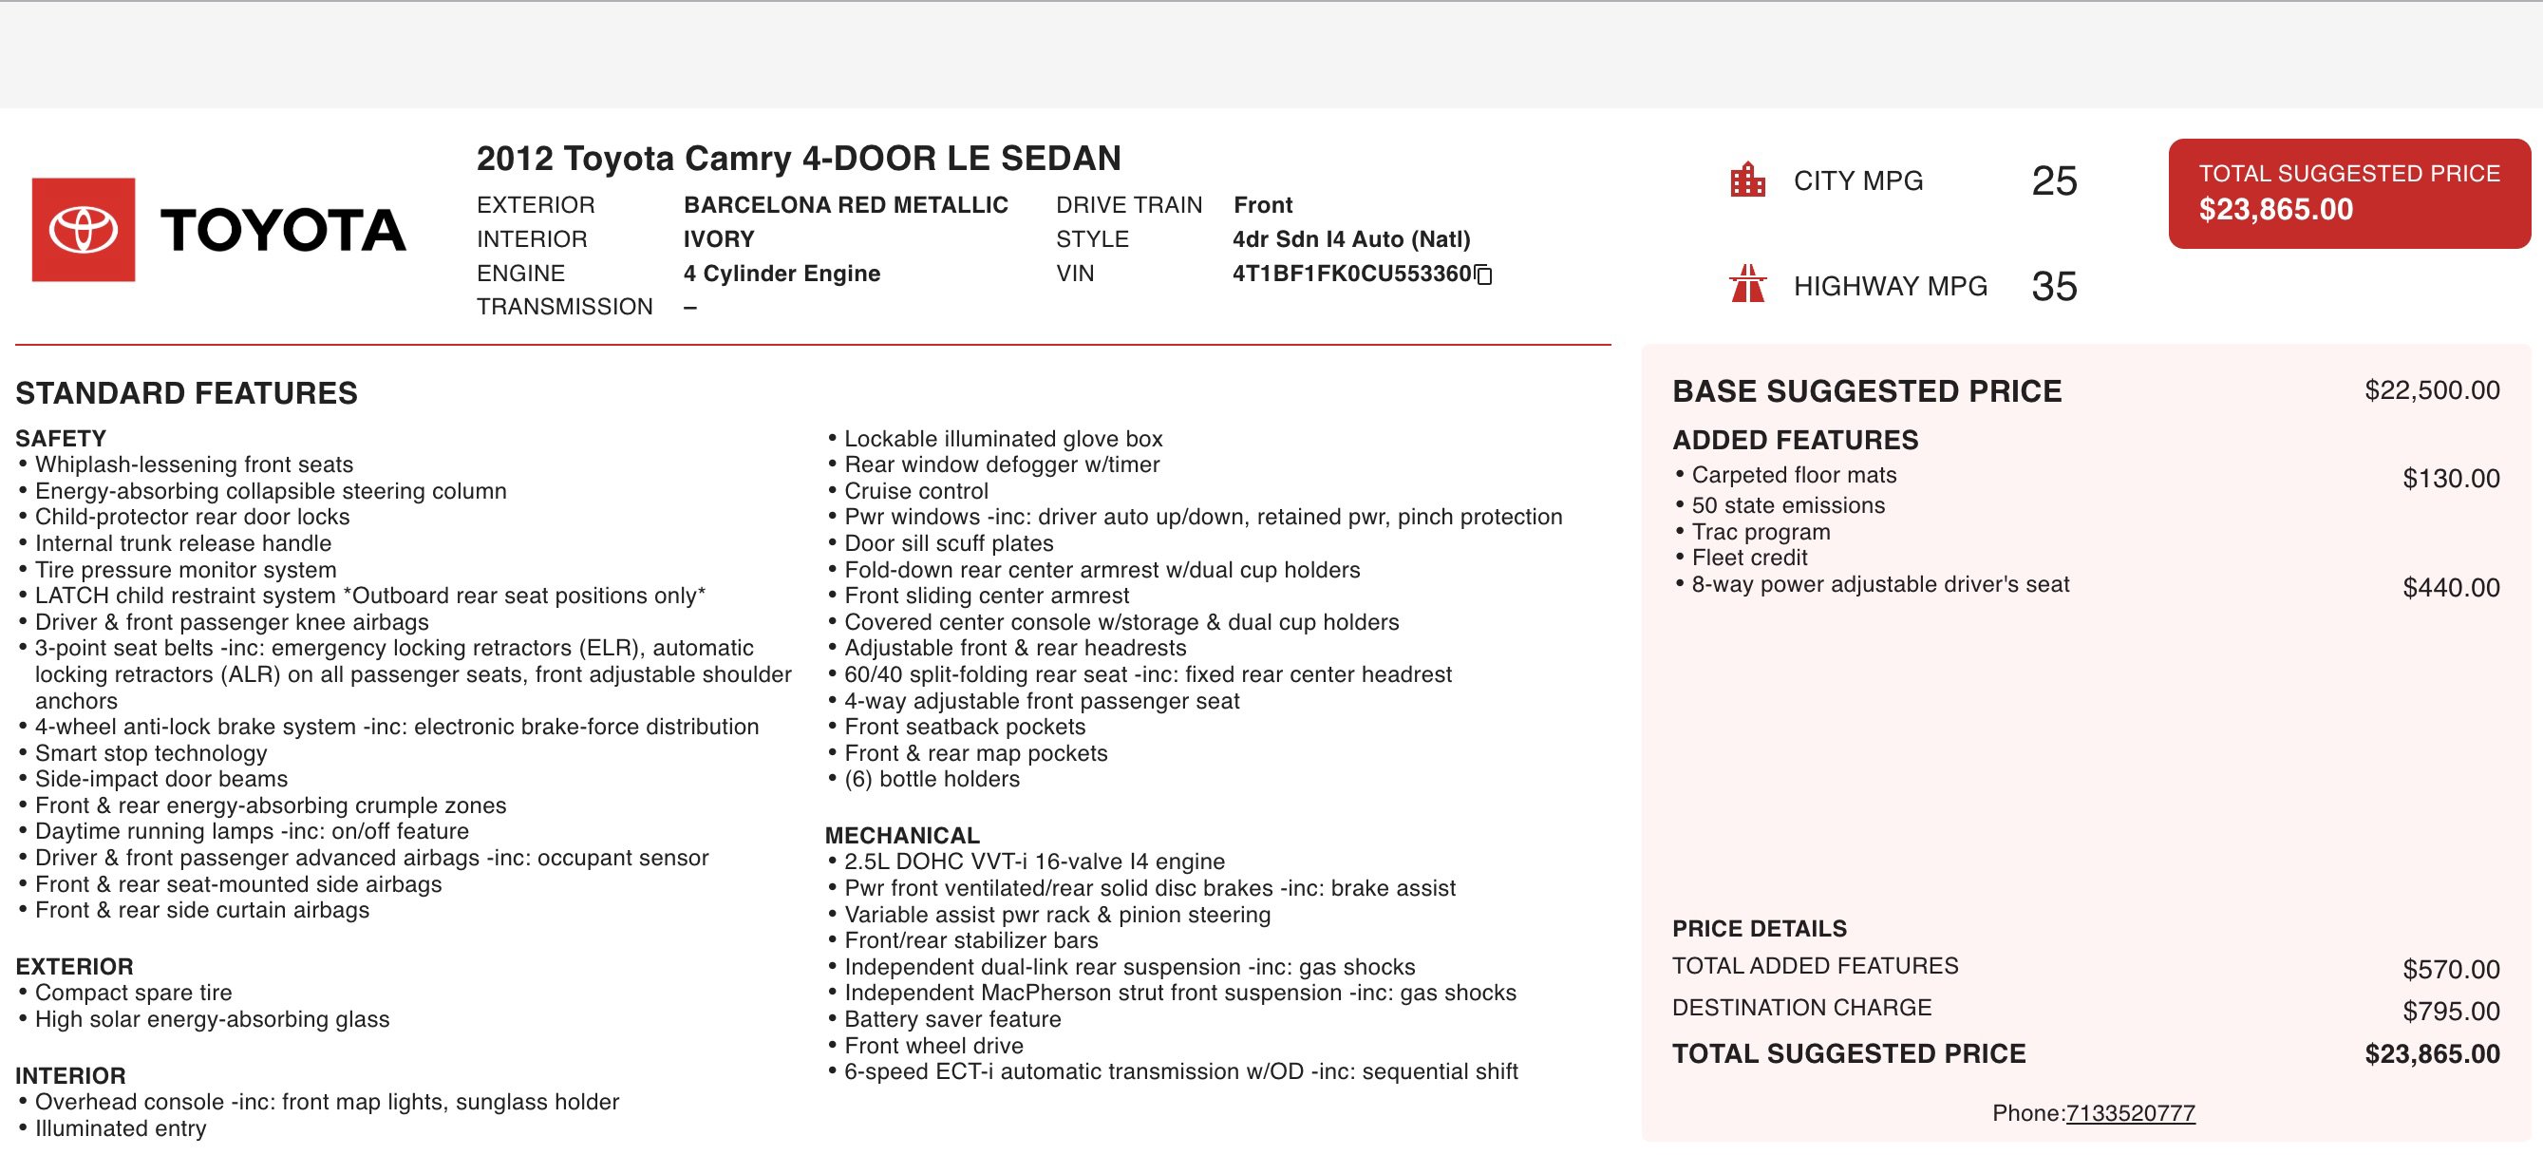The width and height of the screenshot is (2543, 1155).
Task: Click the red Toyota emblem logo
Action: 83,229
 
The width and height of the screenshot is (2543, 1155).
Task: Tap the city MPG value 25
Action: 2053,181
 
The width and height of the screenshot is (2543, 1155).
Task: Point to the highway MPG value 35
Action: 2053,287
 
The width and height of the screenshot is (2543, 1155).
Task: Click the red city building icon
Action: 1747,180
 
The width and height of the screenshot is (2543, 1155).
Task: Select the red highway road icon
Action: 1747,284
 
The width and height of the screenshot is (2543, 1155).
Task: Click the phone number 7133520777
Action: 2129,1113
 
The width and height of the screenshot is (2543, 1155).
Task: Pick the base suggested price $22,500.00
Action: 2432,391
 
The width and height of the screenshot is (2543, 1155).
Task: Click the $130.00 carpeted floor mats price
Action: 2450,479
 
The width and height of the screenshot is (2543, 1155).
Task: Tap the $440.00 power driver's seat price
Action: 2450,588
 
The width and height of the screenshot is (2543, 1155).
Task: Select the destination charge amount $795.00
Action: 2450,1012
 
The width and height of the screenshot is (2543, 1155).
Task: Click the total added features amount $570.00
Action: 2450,971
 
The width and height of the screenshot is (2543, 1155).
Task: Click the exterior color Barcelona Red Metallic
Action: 845,205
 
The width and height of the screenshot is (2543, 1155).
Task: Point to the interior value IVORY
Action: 719,240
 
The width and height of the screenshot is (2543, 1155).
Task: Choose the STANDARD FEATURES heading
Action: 186,394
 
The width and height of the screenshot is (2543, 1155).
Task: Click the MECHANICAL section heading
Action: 902,835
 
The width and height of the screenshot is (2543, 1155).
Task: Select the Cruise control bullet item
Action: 915,492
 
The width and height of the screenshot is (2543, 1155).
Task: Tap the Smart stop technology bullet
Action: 151,753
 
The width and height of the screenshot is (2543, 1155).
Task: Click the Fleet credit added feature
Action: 1749,558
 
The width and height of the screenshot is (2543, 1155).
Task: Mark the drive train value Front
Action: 1263,205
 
